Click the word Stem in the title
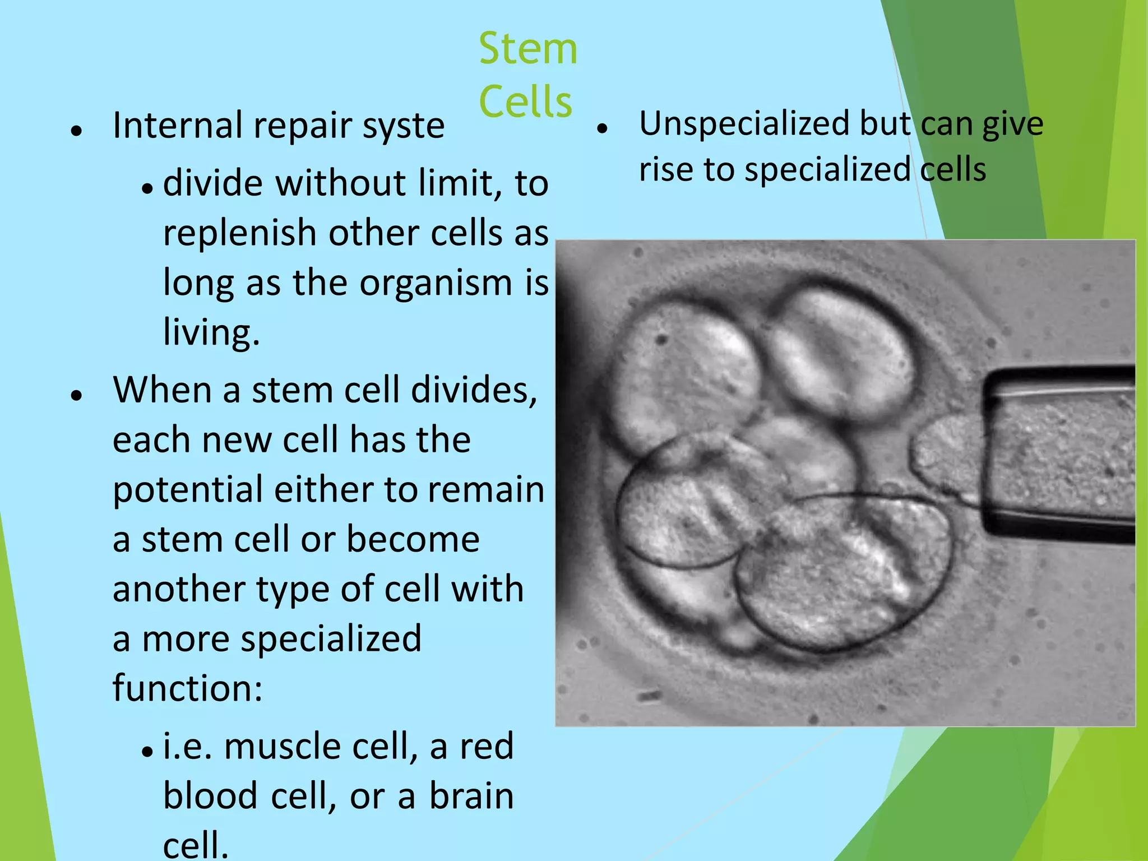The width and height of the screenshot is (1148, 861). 527,49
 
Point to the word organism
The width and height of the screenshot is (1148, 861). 436,283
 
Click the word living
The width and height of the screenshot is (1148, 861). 211,332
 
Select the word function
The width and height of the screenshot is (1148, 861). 186,688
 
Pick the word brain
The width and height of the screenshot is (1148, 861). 471,797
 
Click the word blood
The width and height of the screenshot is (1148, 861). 210,797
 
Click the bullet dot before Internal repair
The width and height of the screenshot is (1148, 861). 77,131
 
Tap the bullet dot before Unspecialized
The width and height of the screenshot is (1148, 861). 603,129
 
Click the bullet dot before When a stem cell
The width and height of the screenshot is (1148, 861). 77,395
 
